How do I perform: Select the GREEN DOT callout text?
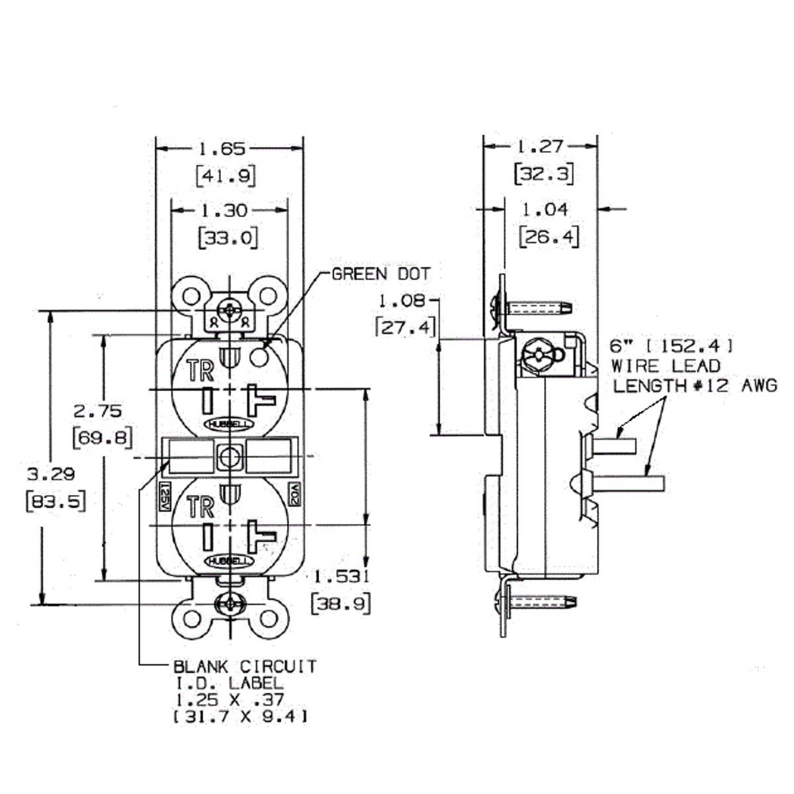click(380, 274)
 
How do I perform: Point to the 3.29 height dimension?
click(50, 474)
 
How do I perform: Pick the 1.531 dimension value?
click(340, 576)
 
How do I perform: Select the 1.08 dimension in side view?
click(401, 302)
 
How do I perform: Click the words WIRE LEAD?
click(665, 365)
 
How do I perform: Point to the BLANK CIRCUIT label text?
click(244, 666)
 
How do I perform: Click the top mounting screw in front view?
click(230, 310)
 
